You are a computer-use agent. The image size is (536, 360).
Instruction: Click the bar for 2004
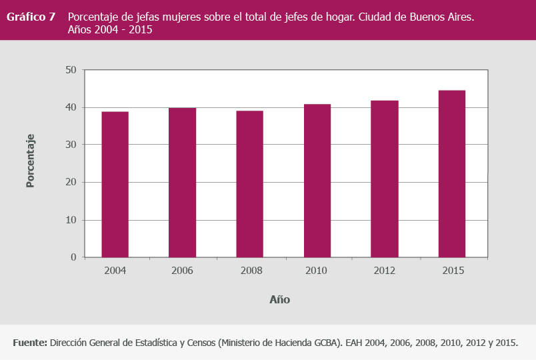click(x=115, y=184)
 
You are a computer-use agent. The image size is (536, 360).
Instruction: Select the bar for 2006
click(x=182, y=182)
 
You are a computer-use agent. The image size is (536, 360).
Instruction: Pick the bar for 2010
click(x=317, y=180)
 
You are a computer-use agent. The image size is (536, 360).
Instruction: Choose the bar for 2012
click(x=385, y=179)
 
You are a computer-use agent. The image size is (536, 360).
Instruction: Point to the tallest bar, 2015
click(x=452, y=173)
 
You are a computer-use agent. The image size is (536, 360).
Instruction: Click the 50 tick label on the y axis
click(x=71, y=70)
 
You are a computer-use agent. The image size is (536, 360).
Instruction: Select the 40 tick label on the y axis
click(x=71, y=107)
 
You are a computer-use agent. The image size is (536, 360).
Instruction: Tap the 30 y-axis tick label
click(x=71, y=145)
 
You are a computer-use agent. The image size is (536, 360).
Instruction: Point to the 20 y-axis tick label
click(x=71, y=182)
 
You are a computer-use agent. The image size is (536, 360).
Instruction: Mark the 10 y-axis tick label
click(x=71, y=220)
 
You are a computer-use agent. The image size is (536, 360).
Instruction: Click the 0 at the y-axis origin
click(x=74, y=257)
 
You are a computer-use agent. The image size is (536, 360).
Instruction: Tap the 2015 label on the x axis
click(x=452, y=271)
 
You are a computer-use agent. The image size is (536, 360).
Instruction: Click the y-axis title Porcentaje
click(x=30, y=161)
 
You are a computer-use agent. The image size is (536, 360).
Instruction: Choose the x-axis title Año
click(x=279, y=300)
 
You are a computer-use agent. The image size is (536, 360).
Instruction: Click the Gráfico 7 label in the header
click(x=31, y=17)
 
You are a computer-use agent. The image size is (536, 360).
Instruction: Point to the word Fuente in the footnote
click(x=29, y=343)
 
